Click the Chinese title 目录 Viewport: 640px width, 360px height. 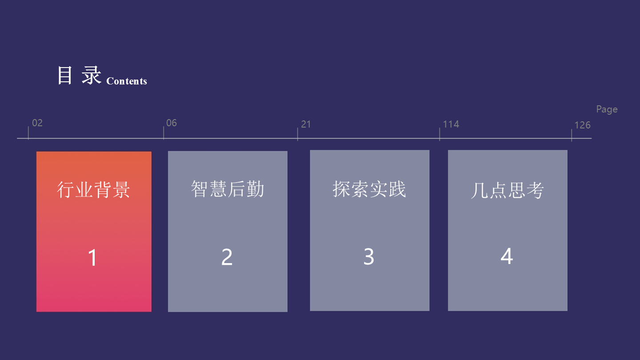(80, 75)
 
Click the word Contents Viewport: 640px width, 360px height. (127, 81)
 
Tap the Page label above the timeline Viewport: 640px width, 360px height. (607, 109)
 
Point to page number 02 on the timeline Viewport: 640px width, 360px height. (37, 123)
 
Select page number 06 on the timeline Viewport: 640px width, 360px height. (172, 123)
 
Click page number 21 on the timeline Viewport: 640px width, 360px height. (306, 124)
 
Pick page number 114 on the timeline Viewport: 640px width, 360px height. (451, 124)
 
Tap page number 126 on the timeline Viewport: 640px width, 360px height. (582, 125)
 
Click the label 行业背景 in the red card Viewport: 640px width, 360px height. (93, 190)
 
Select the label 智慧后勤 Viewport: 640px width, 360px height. (228, 189)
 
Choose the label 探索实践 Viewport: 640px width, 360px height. (369, 189)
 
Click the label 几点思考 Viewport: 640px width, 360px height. (507, 190)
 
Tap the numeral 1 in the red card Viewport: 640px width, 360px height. (92, 258)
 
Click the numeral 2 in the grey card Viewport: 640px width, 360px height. (227, 257)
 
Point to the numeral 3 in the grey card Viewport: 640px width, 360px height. (368, 256)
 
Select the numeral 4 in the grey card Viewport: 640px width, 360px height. (507, 256)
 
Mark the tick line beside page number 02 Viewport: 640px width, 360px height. (28, 133)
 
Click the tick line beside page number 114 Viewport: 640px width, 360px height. (440, 134)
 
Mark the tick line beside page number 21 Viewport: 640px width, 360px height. (297, 134)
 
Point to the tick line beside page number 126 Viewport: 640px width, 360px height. (572, 135)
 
